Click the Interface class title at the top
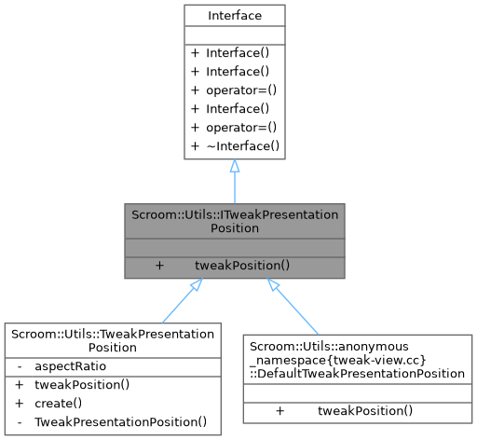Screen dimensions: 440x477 (x=234, y=15)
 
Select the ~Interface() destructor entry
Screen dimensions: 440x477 (x=242, y=147)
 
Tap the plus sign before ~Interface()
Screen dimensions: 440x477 (x=195, y=147)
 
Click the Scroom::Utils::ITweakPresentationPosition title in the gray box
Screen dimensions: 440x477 (x=234, y=221)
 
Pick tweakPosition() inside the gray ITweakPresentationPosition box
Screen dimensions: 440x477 (x=242, y=265)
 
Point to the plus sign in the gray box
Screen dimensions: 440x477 (x=159, y=265)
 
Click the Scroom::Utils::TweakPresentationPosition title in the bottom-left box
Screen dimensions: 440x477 (x=113, y=339)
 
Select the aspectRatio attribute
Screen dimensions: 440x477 (x=71, y=366)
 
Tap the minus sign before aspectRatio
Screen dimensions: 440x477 (x=20, y=366)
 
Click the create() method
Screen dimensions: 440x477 (x=58, y=404)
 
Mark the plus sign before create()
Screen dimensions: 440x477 (x=20, y=404)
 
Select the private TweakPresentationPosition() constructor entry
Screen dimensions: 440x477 (x=120, y=422)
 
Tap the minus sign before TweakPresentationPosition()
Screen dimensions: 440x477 (x=20, y=422)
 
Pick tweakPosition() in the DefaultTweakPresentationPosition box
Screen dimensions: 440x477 (x=365, y=410)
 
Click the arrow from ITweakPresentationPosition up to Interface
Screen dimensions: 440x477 (x=234, y=182)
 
